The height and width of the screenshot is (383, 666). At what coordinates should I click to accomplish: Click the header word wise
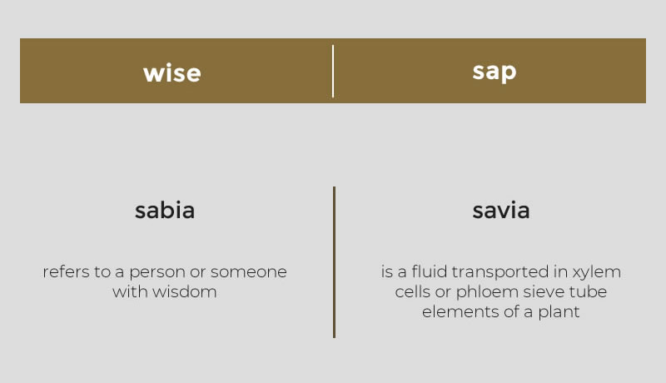[172, 73]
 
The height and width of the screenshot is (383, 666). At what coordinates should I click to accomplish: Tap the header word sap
[495, 72]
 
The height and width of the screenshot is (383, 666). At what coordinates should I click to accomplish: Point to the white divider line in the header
[333, 71]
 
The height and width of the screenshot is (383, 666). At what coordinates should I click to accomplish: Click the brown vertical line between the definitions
[335, 262]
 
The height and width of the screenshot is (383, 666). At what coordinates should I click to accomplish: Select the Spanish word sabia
[165, 210]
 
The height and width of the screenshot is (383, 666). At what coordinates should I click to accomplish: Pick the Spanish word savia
[501, 210]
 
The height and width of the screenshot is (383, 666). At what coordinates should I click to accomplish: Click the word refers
[65, 271]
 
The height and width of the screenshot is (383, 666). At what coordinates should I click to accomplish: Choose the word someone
[248, 272]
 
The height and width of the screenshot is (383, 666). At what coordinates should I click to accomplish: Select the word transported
[500, 272]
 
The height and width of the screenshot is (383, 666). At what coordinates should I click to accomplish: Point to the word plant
[559, 312]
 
